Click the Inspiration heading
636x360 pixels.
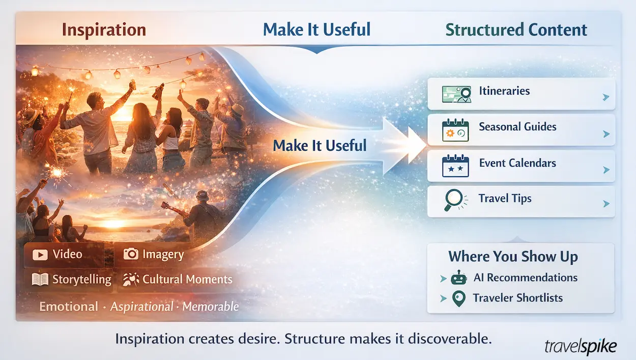pyautogui.click(x=104, y=30)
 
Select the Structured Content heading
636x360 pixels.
pyautogui.click(x=516, y=30)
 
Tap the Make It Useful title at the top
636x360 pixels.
pyautogui.click(x=316, y=30)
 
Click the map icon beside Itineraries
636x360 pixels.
pyautogui.click(x=455, y=94)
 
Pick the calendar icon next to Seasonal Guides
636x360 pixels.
pyautogui.click(x=455, y=130)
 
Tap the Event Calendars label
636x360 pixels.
pyautogui.click(x=517, y=163)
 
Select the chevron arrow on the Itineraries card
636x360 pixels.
pyautogui.click(x=605, y=97)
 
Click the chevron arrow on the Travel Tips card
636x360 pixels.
pyautogui.click(x=605, y=204)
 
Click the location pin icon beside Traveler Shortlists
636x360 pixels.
pyautogui.click(x=458, y=299)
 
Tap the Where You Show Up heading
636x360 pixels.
pyautogui.click(x=513, y=257)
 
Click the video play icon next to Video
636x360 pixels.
pyautogui.click(x=40, y=254)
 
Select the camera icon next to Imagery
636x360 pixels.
pyautogui.click(x=131, y=254)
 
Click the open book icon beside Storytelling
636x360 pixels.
pyautogui.click(x=40, y=280)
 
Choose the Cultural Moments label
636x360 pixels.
pyautogui.click(x=187, y=280)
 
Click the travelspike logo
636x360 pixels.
pyautogui.click(x=580, y=347)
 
